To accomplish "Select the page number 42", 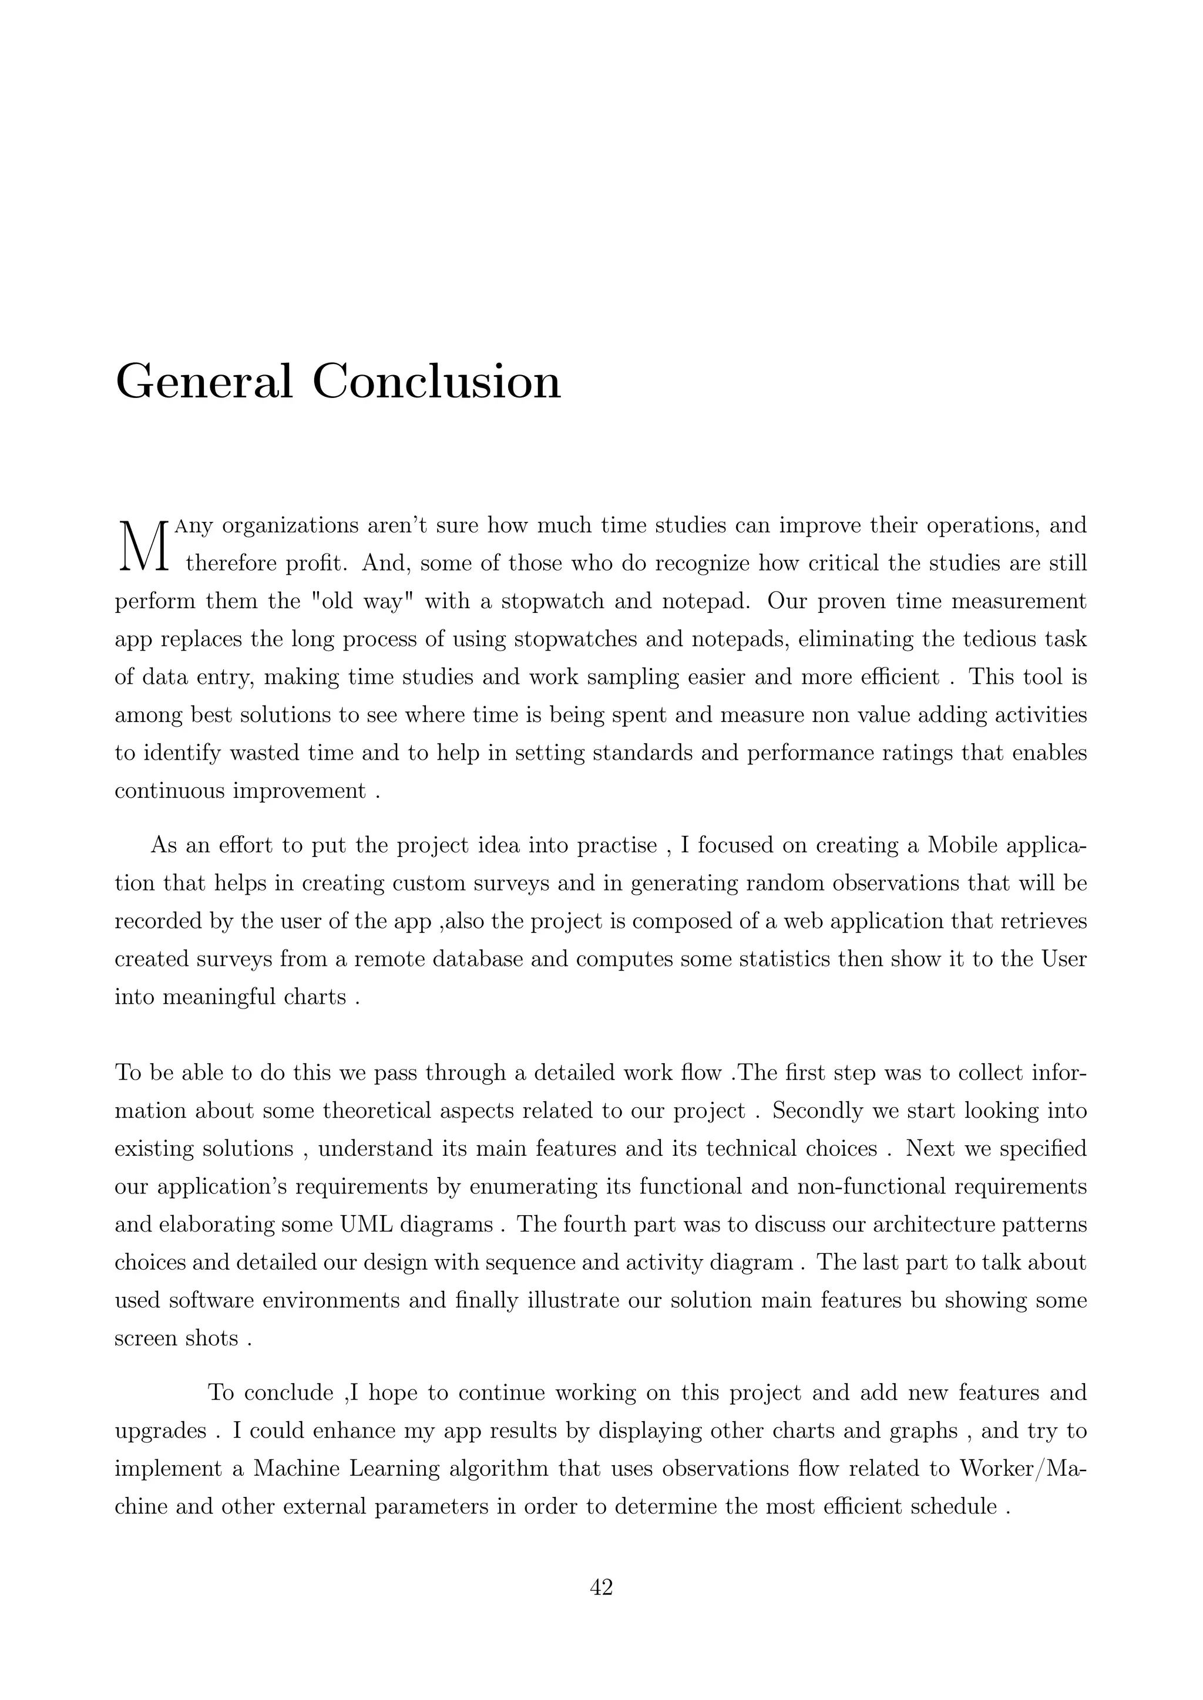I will coord(601,1587).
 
